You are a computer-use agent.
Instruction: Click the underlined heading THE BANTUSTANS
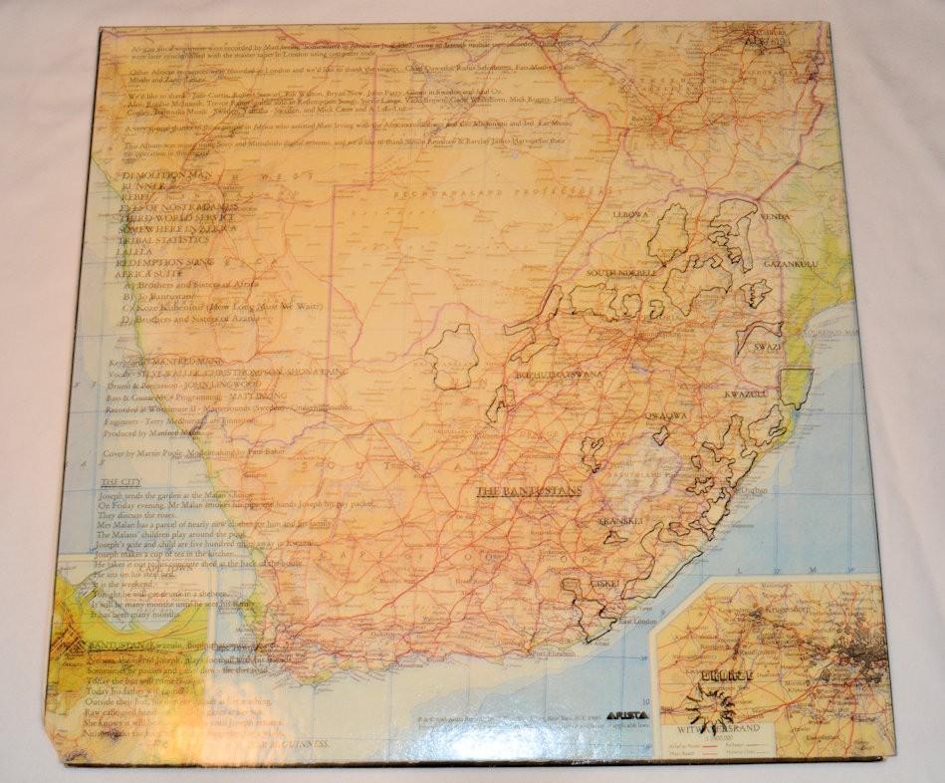528,491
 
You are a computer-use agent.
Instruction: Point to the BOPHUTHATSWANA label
560,376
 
